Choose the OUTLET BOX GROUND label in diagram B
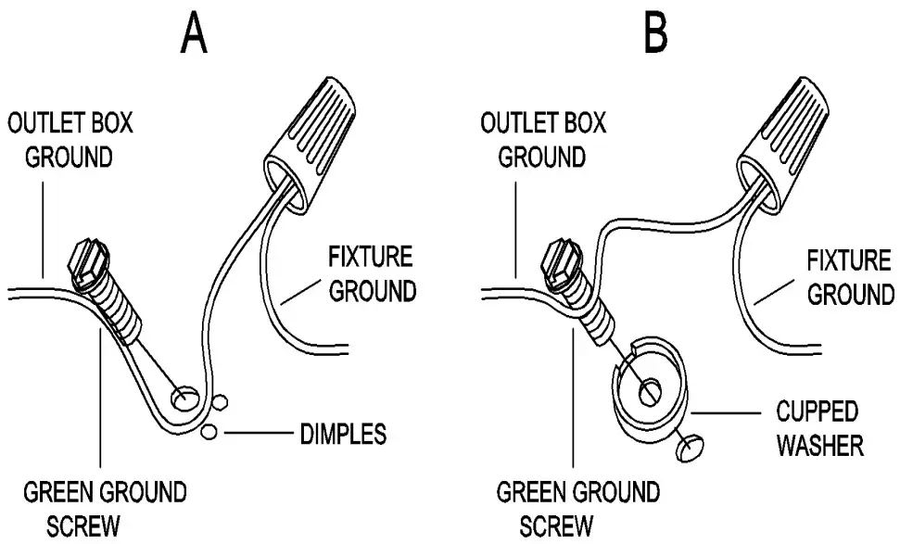543,140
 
